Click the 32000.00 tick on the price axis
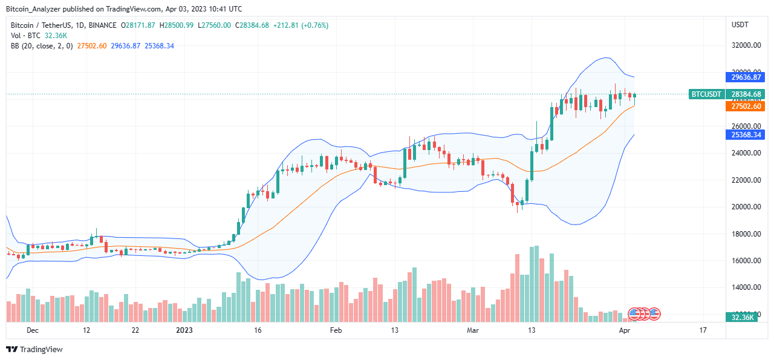[744, 45]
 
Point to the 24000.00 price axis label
[744, 153]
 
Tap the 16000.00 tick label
[744, 261]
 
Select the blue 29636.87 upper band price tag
[744, 77]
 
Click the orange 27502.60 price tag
[744, 106]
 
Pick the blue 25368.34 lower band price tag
[744, 135]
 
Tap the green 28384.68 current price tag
[744, 94]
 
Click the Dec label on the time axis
[33, 330]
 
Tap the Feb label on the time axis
[336, 330]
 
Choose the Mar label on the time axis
[472, 330]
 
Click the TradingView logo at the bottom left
[34, 349]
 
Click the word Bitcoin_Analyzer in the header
[36, 9]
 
